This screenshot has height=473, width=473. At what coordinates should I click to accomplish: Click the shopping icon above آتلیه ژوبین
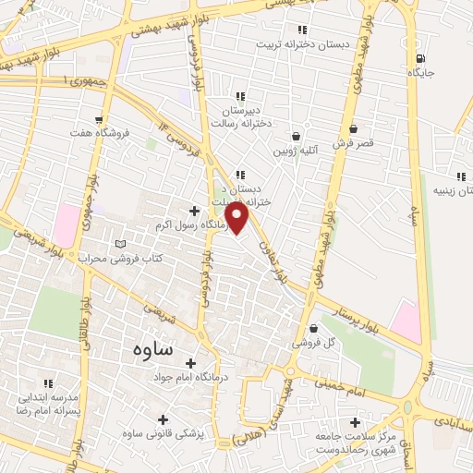click(x=296, y=135)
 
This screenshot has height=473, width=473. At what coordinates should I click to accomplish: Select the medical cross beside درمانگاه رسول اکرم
click(x=193, y=211)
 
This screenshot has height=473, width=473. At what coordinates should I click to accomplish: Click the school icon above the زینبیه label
click(x=460, y=176)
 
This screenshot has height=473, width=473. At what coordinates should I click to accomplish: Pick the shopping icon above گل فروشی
click(x=313, y=328)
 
